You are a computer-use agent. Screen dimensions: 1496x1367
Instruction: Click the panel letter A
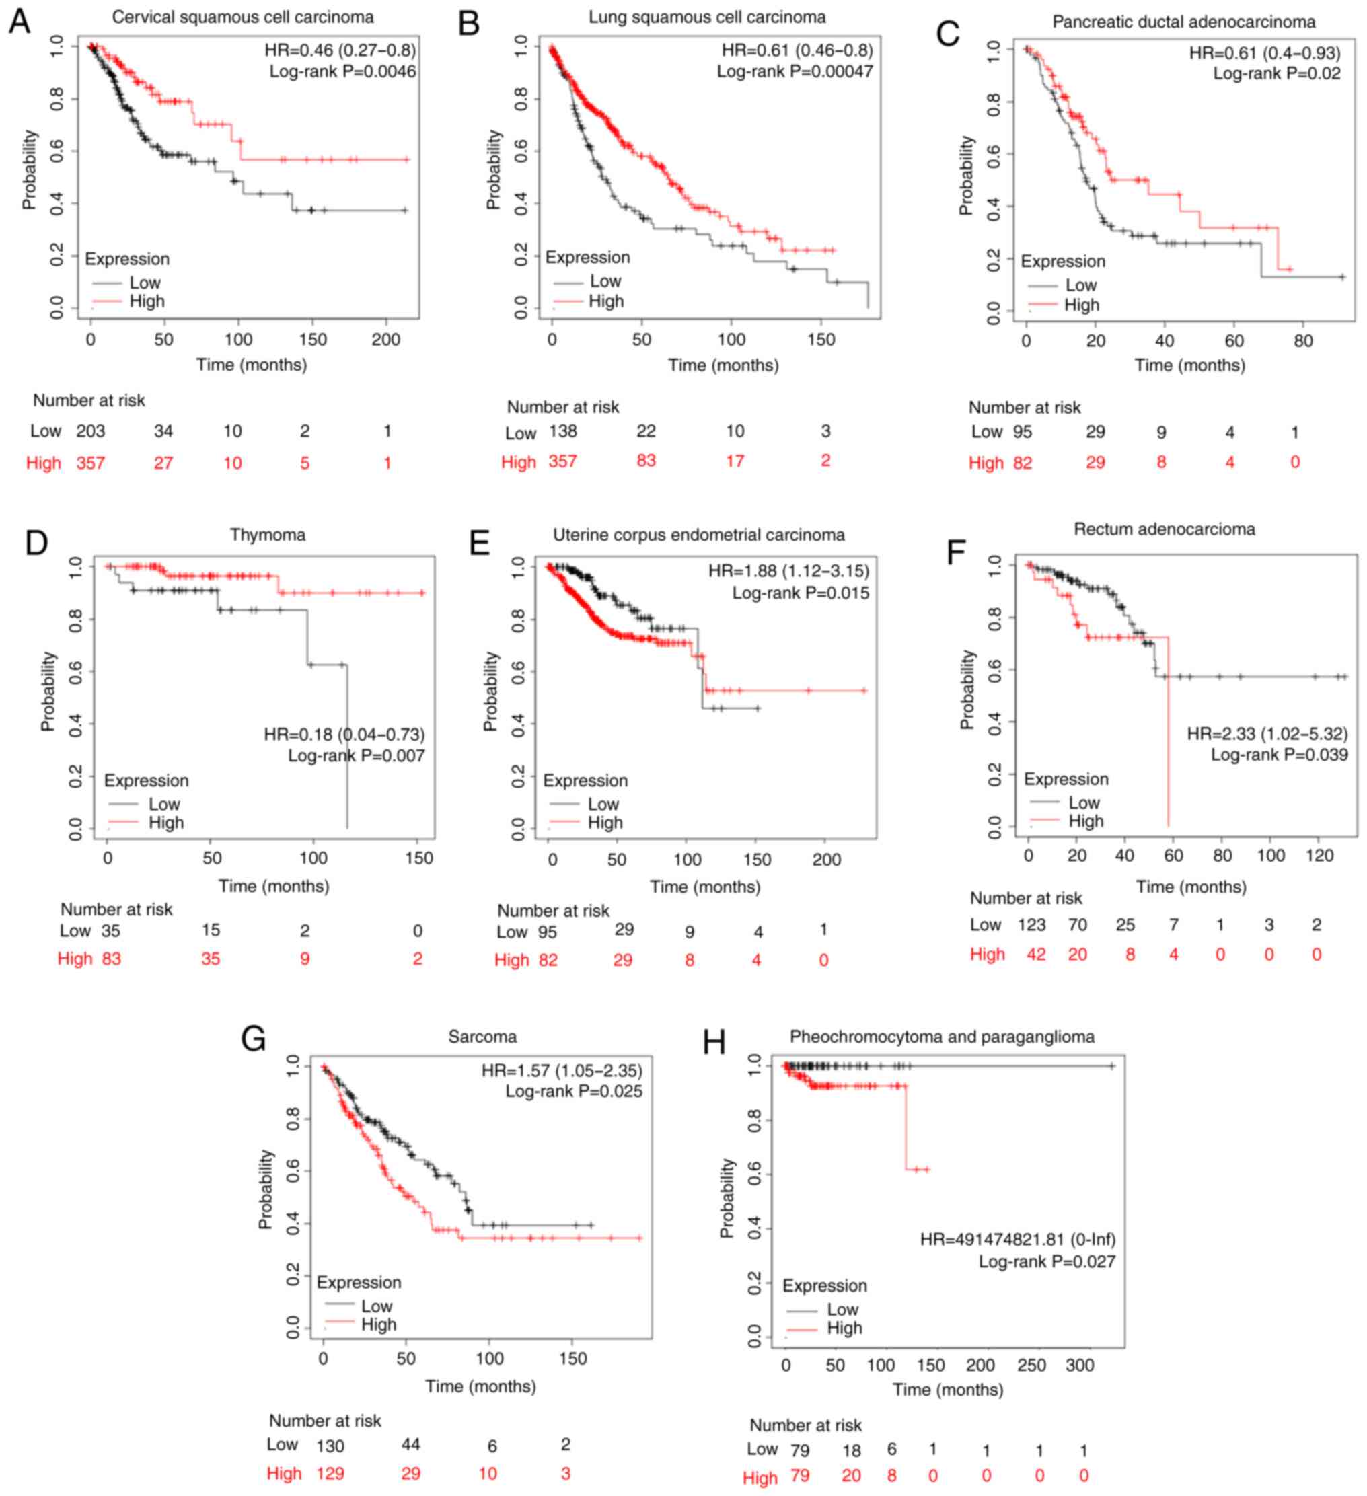(20, 21)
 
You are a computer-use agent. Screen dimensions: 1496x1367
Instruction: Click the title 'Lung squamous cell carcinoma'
(706, 16)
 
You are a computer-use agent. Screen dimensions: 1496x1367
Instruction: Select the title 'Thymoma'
(267, 534)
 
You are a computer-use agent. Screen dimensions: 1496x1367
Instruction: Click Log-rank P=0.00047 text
(794, 72)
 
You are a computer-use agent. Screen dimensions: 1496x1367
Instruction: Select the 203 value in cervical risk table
(91, 431)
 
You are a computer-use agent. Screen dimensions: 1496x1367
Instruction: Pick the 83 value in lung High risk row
(646, 461)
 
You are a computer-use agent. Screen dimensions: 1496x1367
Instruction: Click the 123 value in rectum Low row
(1031, 925)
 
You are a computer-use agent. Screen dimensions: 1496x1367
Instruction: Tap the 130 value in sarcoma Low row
(330, 1446)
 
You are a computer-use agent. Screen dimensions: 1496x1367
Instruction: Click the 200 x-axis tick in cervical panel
(385, 340)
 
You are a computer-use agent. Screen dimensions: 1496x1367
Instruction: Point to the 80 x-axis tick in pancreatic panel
(1303, 341)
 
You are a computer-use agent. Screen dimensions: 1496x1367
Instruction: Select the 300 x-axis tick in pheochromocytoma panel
(1080, 1366)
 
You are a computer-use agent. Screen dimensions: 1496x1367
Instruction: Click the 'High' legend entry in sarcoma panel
(379, 1324)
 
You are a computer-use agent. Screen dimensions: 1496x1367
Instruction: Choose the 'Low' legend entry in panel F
(1084, 803)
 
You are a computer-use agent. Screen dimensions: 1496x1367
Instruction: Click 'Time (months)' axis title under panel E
(705, 887)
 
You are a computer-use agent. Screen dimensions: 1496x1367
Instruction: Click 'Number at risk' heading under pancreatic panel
(1024, 408)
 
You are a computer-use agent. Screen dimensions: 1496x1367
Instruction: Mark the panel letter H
(713, 1043)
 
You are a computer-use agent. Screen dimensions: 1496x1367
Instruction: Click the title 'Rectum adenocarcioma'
(1164, 529)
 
